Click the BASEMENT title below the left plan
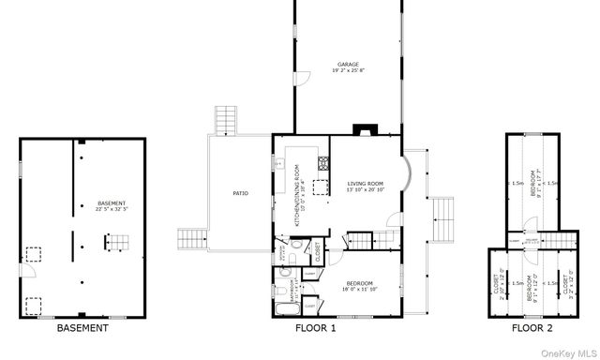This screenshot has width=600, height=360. pos(82,328)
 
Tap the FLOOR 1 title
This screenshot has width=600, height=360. pos(315,328)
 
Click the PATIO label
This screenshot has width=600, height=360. pos(240,193)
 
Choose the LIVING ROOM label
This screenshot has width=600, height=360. pos(365,184)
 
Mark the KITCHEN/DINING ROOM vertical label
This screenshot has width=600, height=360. pos(297,198)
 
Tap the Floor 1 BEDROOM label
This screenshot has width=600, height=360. pos(358,283)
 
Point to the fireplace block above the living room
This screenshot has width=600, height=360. pos(361,131)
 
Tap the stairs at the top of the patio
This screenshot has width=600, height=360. pos(226,120)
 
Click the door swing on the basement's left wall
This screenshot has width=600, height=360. pos(28,271)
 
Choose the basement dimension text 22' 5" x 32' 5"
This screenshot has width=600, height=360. pos(112,210)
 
